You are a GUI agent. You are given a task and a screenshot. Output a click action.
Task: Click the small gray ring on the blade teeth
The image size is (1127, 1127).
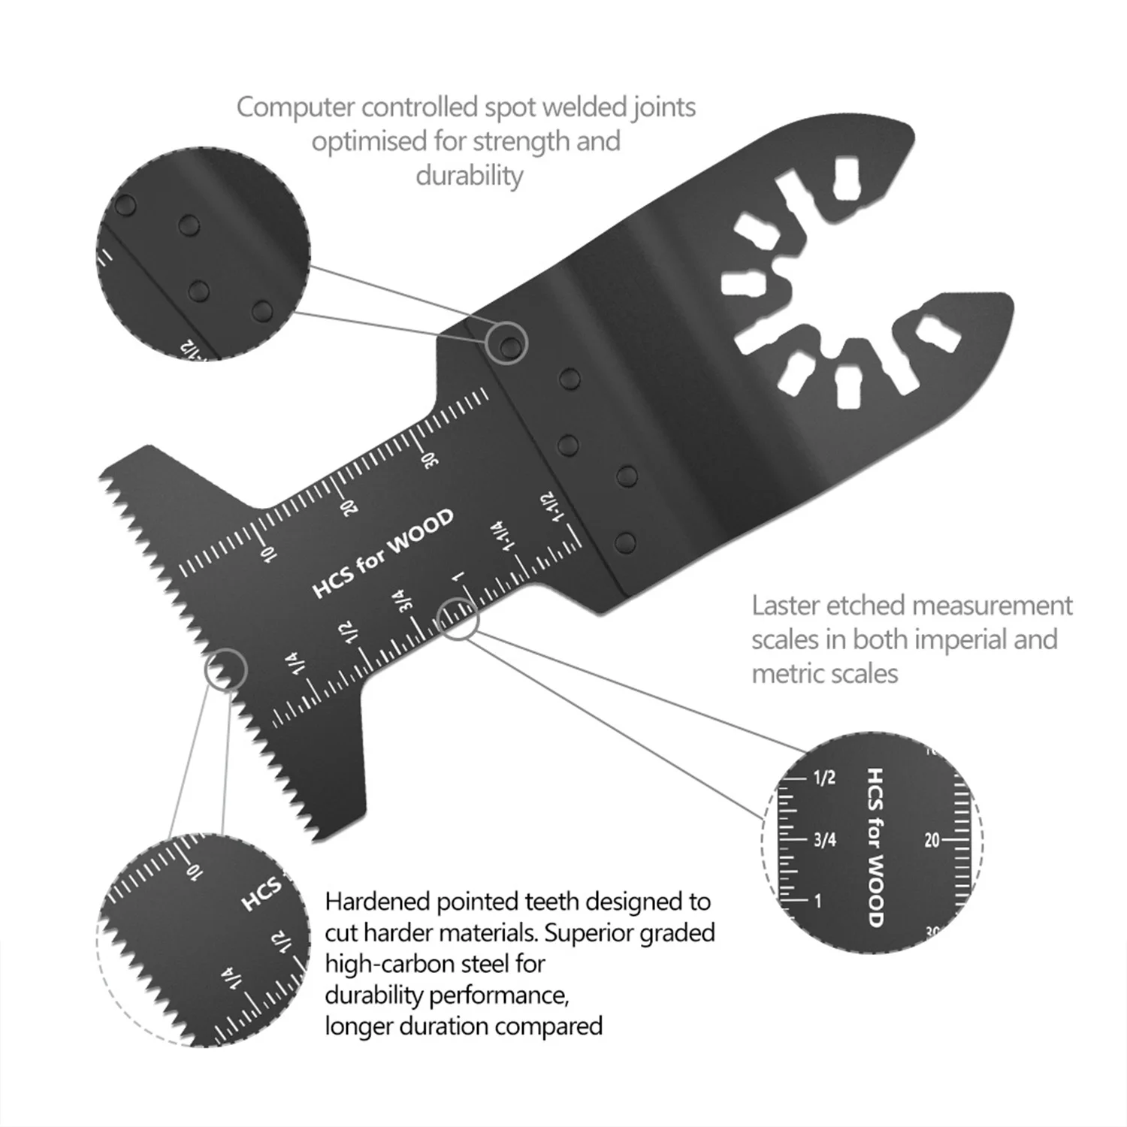(225, 669)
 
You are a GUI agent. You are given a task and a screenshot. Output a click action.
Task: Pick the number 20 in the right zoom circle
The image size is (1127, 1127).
(932, 840)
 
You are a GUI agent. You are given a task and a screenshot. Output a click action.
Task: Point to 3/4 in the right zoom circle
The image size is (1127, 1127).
(824, 839)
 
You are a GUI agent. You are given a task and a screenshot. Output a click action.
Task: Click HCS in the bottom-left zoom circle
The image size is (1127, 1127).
(261, 893)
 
